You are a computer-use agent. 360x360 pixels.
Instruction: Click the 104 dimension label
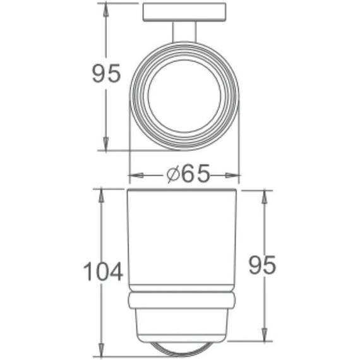coord(103,272)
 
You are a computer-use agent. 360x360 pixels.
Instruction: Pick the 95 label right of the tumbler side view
coord(261,265)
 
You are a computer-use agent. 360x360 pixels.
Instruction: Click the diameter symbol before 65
coord(174,175)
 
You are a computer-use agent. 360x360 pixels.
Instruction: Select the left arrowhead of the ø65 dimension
coord(135,175)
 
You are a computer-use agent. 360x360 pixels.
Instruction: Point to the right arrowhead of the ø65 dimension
coord(235,175)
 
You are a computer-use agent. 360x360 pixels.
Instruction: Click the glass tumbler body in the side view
coord(184,240)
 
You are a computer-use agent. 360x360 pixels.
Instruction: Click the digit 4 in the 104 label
coord(115,272)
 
